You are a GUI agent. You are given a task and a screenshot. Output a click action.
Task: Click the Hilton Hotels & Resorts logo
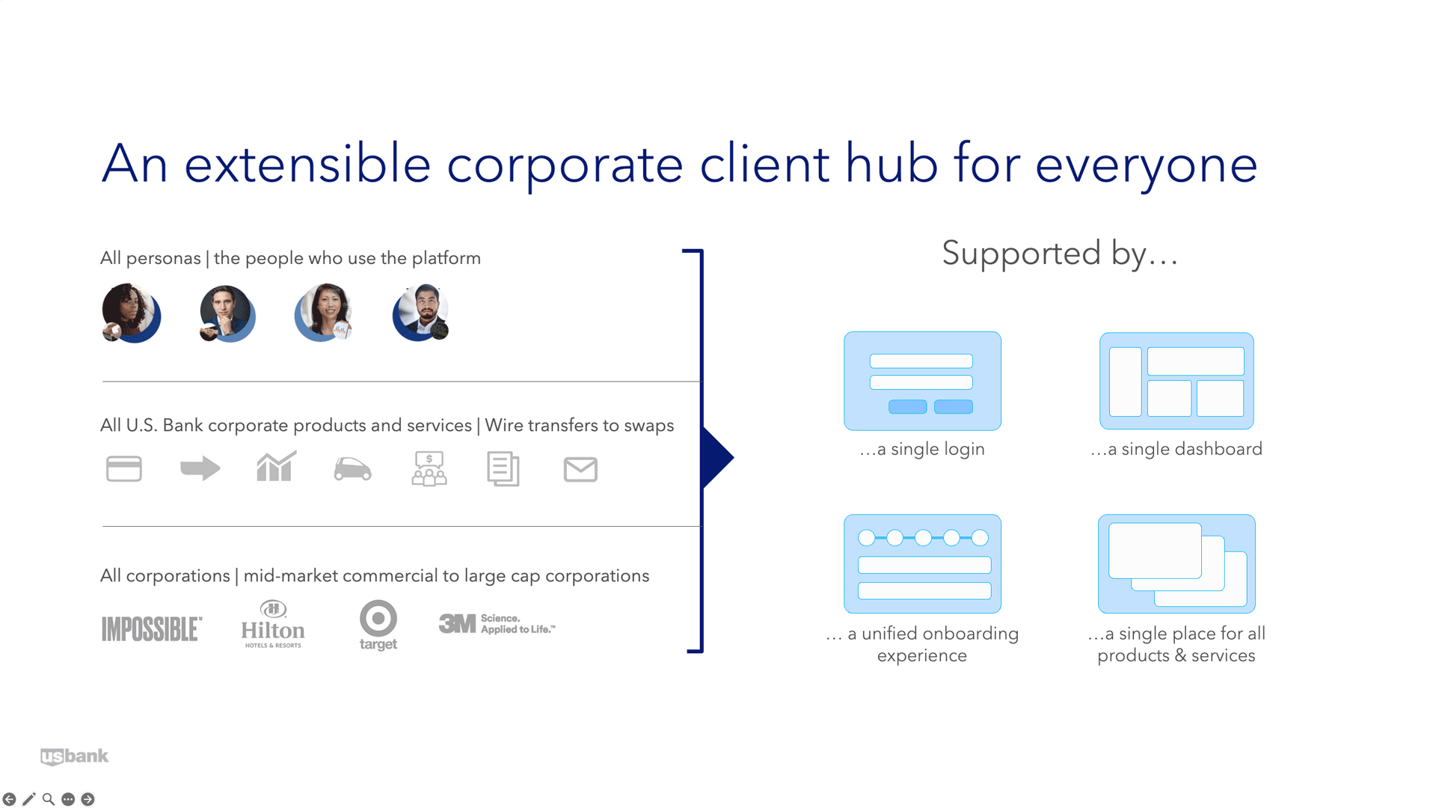point(273,624)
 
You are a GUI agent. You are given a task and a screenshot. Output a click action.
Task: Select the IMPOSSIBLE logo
point(152,629)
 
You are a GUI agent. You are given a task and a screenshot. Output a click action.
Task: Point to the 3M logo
point(497,623)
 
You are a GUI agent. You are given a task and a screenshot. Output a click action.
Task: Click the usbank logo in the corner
point(74,756)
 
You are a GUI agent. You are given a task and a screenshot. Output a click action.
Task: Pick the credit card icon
point(124,469)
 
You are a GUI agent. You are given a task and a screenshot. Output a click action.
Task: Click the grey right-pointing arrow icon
point(200,469)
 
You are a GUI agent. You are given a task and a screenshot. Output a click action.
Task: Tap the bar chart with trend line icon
point(276,466)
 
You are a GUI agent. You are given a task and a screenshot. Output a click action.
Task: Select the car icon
point(352,469)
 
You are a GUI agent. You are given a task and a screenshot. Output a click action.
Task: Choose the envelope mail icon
point(580,470)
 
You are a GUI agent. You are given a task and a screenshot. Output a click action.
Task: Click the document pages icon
point(503,469)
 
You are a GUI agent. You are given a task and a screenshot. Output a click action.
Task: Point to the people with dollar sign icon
point(429,469)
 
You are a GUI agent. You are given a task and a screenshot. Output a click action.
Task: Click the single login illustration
point(922,381)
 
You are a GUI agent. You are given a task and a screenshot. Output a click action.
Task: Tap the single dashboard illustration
point(1176,381)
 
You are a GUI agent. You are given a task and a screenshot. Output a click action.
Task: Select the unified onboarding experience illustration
point(922,563)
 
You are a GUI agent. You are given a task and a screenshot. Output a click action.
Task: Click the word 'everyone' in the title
point(1147,165)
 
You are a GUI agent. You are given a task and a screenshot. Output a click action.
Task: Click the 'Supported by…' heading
point(1060,253)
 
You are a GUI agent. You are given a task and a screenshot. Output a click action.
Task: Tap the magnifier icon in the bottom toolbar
point(49,799)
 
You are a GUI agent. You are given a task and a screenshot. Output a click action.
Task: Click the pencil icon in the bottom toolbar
point(29,799)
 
